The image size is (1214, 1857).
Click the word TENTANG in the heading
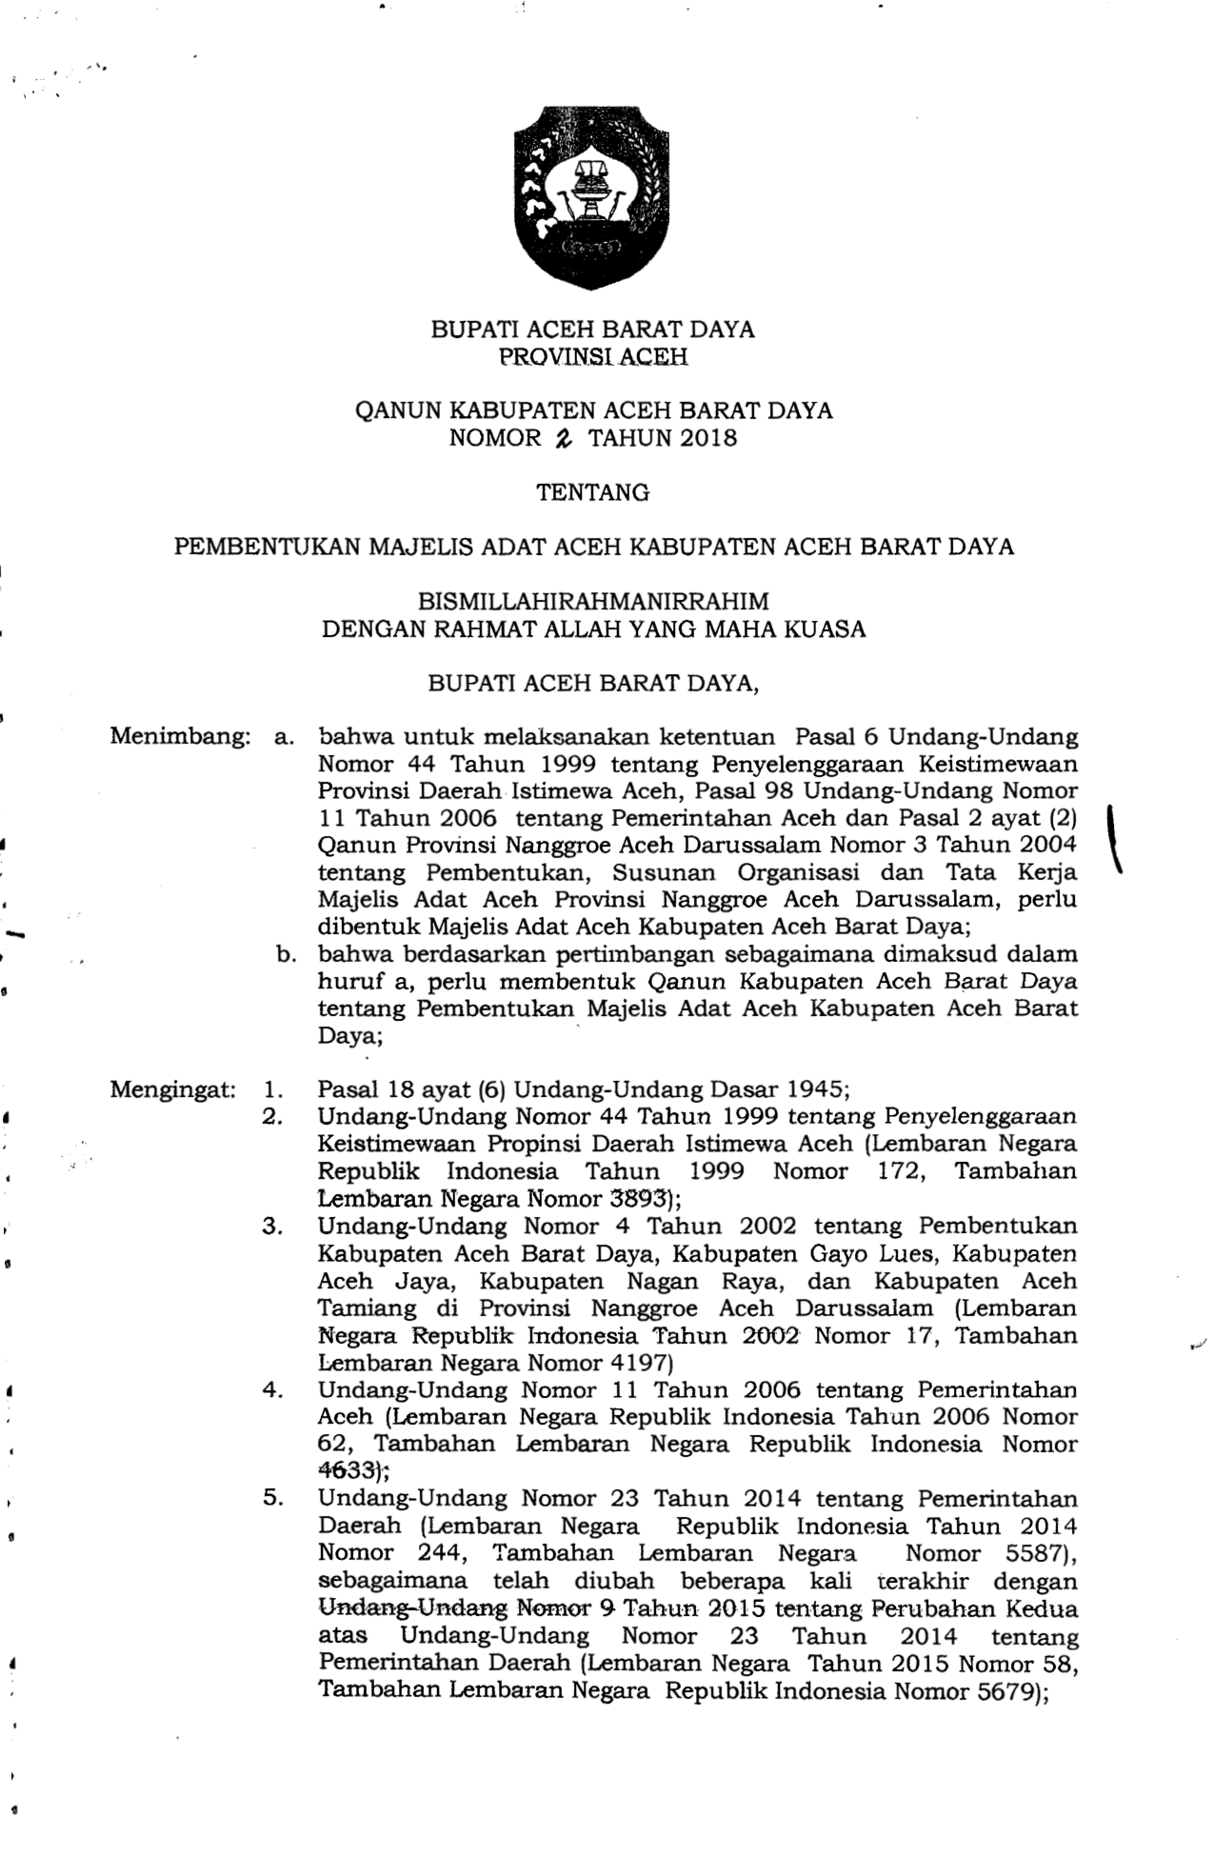[593, 493]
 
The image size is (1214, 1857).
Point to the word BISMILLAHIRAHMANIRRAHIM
[593, 602]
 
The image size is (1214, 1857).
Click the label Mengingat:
[172, 1089]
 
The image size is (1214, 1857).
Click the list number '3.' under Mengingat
[273, 1227]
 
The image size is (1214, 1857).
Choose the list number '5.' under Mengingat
[273, 1499]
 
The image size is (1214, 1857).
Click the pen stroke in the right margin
[1111, 838]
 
